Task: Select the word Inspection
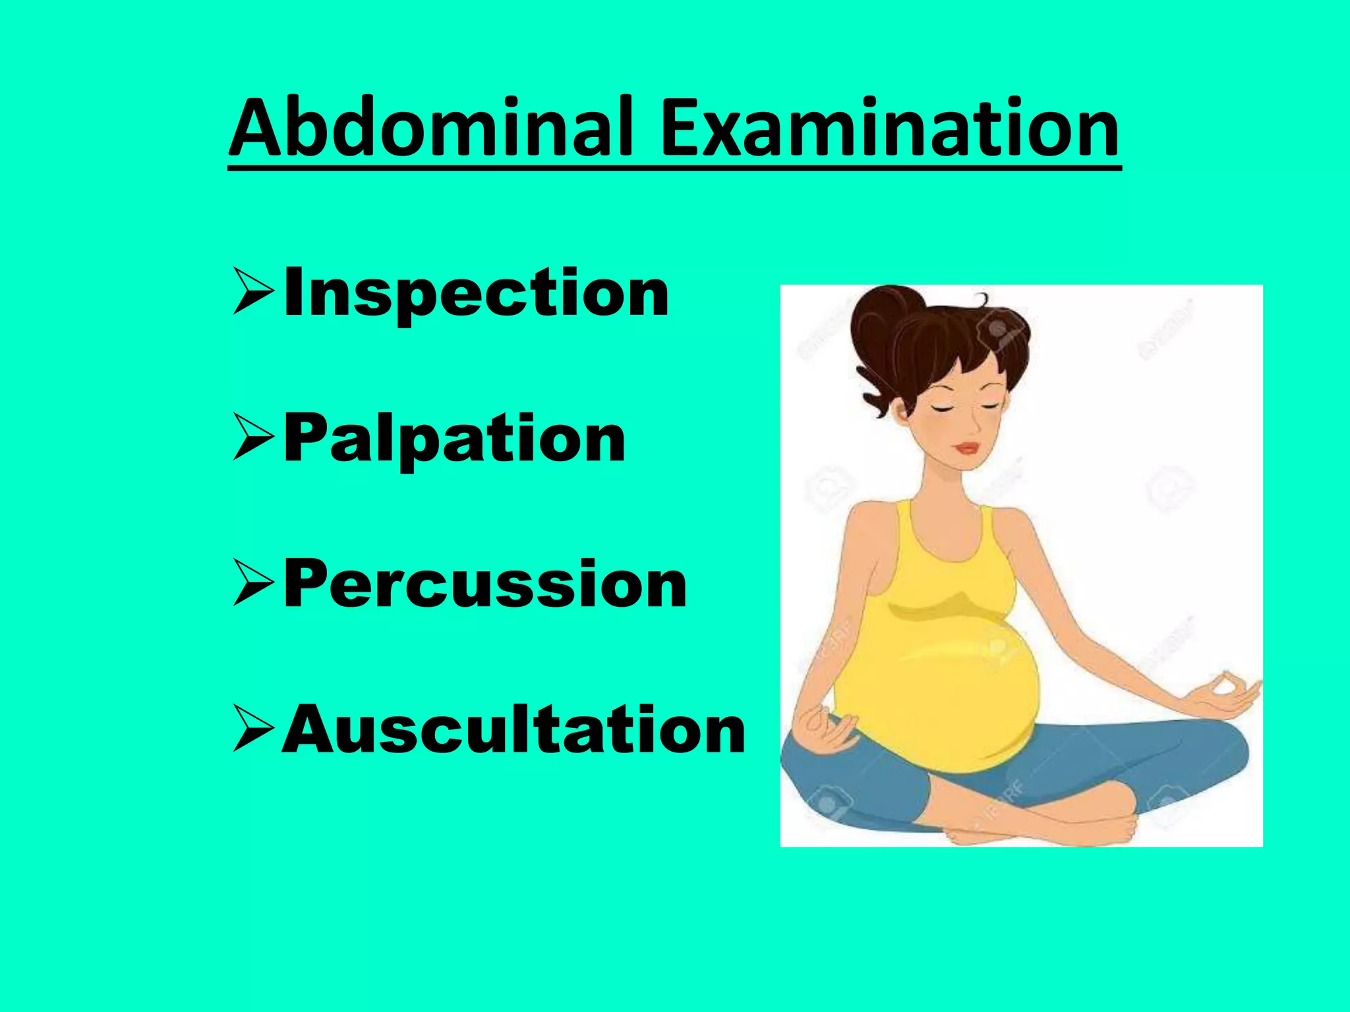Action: pyautogui.click(x=476, y=293)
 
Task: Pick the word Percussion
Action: pyautogui.click(x=485, y=584)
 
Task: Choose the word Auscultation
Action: pyautogui.click(x=514, y=730)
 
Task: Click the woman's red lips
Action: pyautogui.click(x=967, y=448)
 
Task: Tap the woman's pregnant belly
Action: pyautogui.click(x=936, y=692)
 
